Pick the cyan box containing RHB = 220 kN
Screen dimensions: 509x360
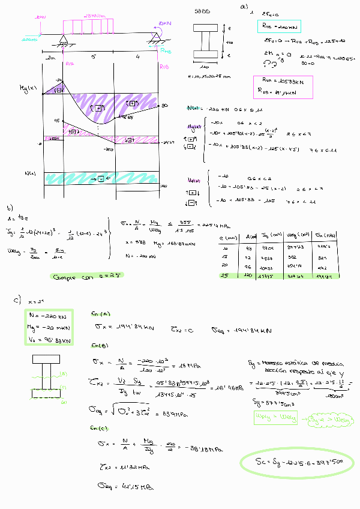[x=278, y=26]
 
